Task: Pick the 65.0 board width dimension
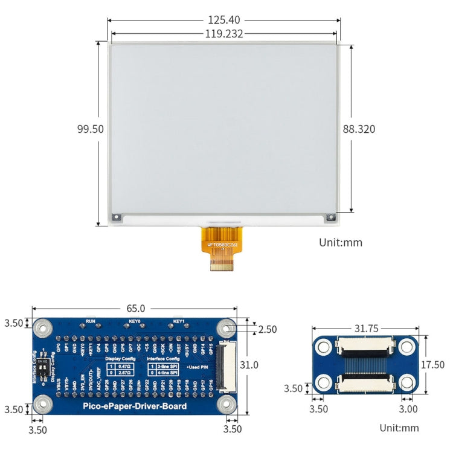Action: [x=133, y=308]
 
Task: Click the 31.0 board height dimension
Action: [x=249, y=365]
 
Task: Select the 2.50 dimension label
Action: [x=266, y=329]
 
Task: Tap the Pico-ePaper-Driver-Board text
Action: [x=135, y=405]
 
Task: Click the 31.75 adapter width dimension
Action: [x=367, y=329]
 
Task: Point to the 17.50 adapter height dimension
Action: [x=432, y=365]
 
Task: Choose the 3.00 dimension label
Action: [x=408, y=409]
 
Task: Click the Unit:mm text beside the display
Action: [x=340, y=242]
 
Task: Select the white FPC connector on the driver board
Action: [x=228, y=365]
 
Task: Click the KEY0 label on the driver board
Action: [x=135, y=321]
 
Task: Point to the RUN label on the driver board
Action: [x=91, y=321]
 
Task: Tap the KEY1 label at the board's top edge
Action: [x=179, y=321]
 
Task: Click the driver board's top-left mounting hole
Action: [x=42, y=328]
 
